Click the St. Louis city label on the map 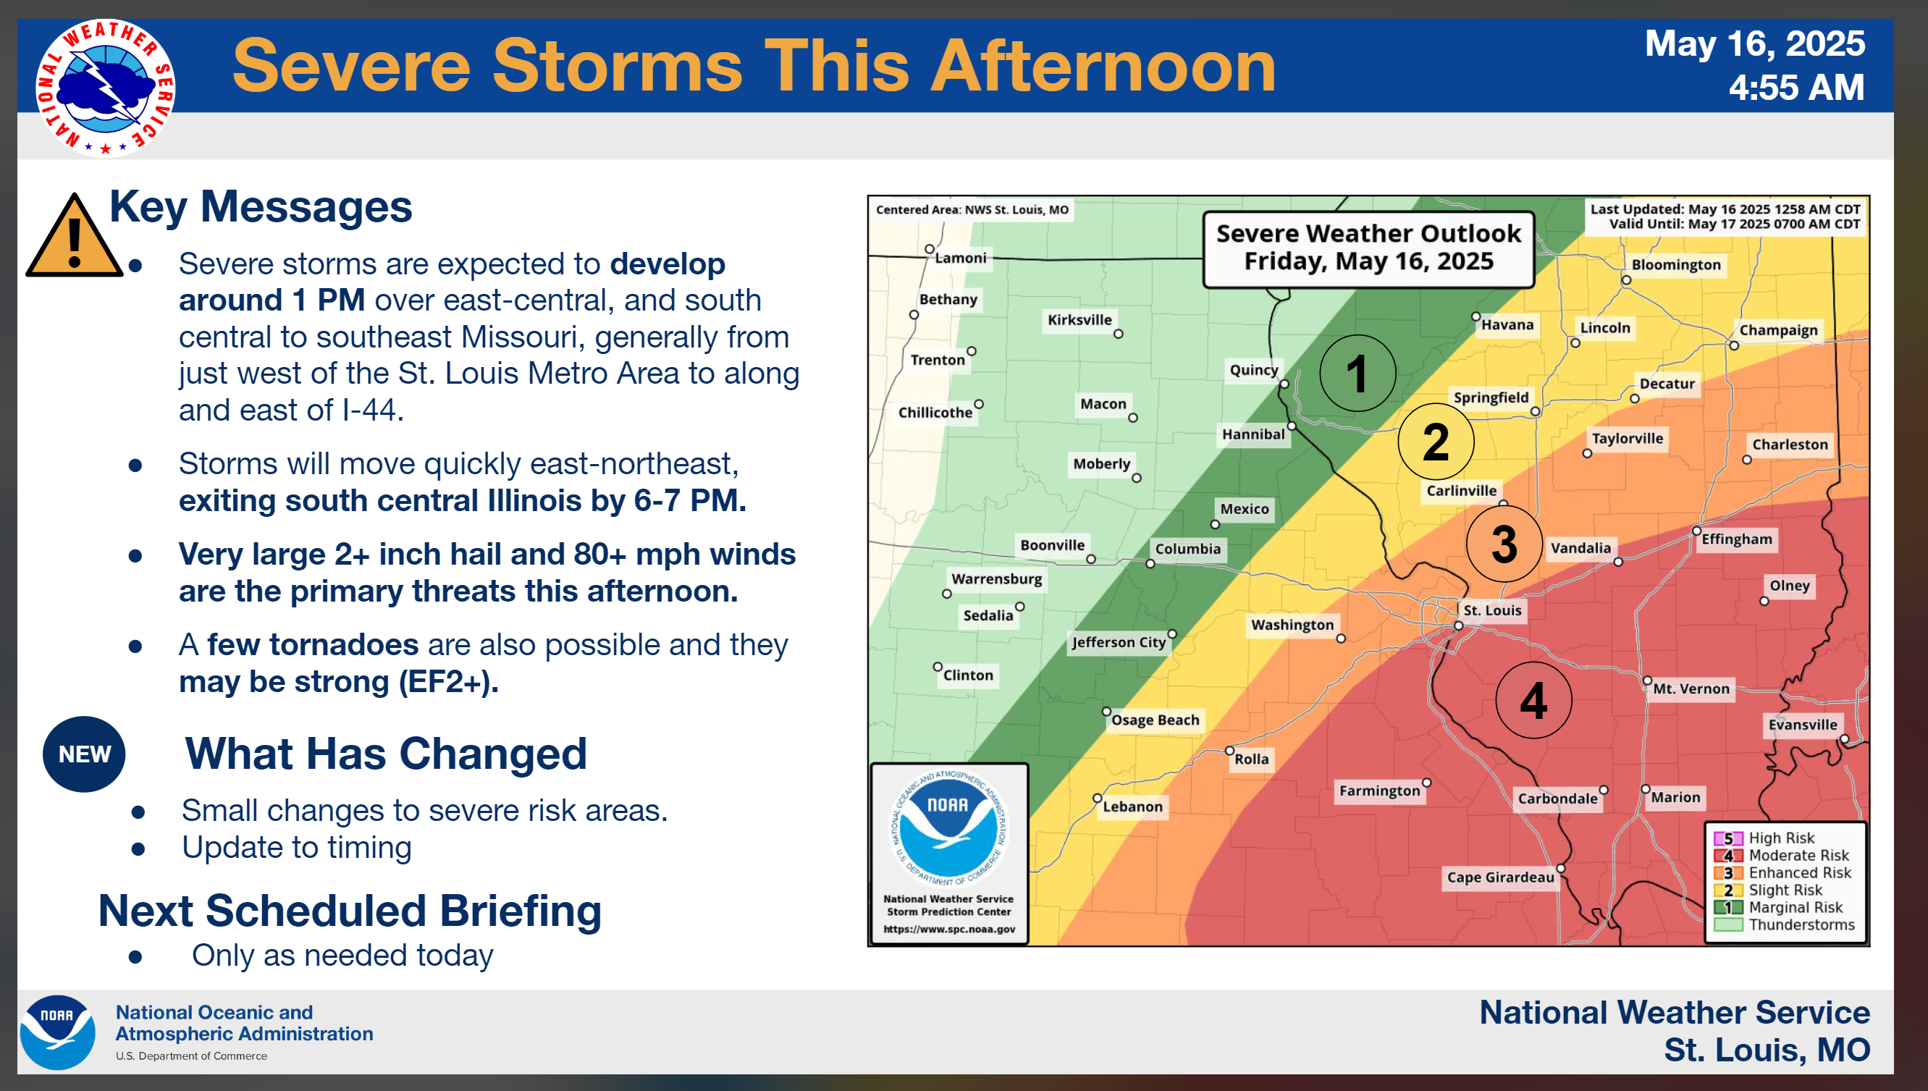pyautogui.click(x=1492, y=610)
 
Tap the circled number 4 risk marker pyautogui.click(x=1533, y=700)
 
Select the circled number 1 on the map pyautogui.click(x=1357, y=372)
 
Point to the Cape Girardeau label pyautogui.click(x=1500, y=877)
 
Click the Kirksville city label pyautogui.click(x=1079, y=320)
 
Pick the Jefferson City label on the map pyautogui.click(x=1118, y=642)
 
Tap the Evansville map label pyautogui.click(x=1802, y=725)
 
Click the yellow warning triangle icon pyautogui.click(x=74, y=236)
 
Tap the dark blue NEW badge pyautogui.click(x=84, y=754)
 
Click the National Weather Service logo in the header pyautogui.click(x=106, y=87)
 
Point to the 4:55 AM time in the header pyautogui.click(x=1796, y=87)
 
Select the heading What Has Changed pyautogui.click(x=386, y=753)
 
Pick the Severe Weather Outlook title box pyautogui.click(x=1368, y=249)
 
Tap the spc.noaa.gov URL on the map pyautogui.click(x=948, y=929)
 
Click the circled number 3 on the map pyautogui.click(x=1504, y=544)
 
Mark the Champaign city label pyautogui.click(x=1778, y=330)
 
